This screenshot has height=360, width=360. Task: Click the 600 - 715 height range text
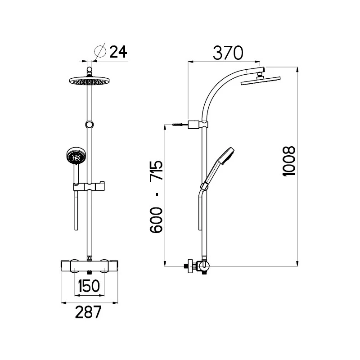coord(156,196)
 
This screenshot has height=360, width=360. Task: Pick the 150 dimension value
coord(90,286)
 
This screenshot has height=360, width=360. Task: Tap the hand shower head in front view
coord(74,156)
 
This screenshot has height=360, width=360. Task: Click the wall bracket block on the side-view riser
coord(194,124)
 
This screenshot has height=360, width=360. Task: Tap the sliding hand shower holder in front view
coord(89,186)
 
